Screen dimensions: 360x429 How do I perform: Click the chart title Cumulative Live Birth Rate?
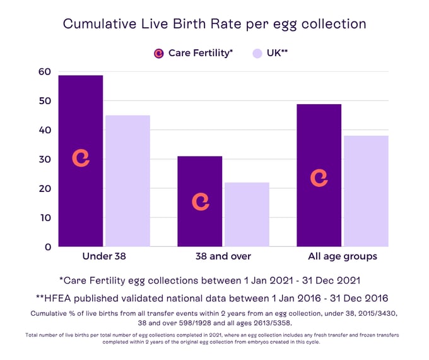click(x=214, y=24)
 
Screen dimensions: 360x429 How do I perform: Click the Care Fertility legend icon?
click(x=159, y=54)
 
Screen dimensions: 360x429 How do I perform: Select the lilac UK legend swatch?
click(x=257, y=54)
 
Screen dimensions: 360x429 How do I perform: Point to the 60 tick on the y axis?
click(x=44, y=71)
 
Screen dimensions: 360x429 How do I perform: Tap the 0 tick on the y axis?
click(x=47, y=247)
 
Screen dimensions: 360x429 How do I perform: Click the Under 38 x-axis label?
click(x=104, y=256)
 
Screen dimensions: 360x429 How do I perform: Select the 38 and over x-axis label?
click(x=223, y=256)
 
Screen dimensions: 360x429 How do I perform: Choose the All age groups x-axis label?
click(x=343, y=256)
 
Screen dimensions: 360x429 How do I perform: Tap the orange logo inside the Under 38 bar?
click(x=81, y=158)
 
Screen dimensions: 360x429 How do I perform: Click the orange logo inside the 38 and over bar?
click(x=200, y=201)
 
